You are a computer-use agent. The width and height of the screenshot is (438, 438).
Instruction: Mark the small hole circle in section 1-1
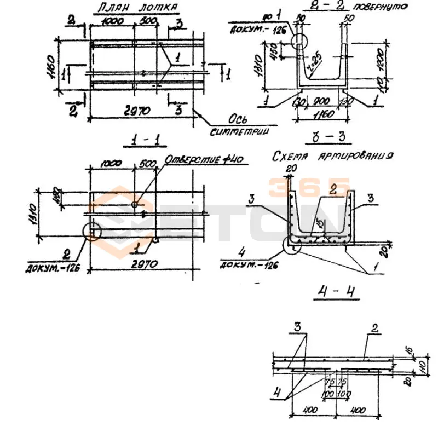pos(135,205)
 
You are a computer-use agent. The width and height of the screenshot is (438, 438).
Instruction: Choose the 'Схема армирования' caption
pos(333,157)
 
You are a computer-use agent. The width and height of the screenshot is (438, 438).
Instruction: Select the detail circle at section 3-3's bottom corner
pos(292,246)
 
